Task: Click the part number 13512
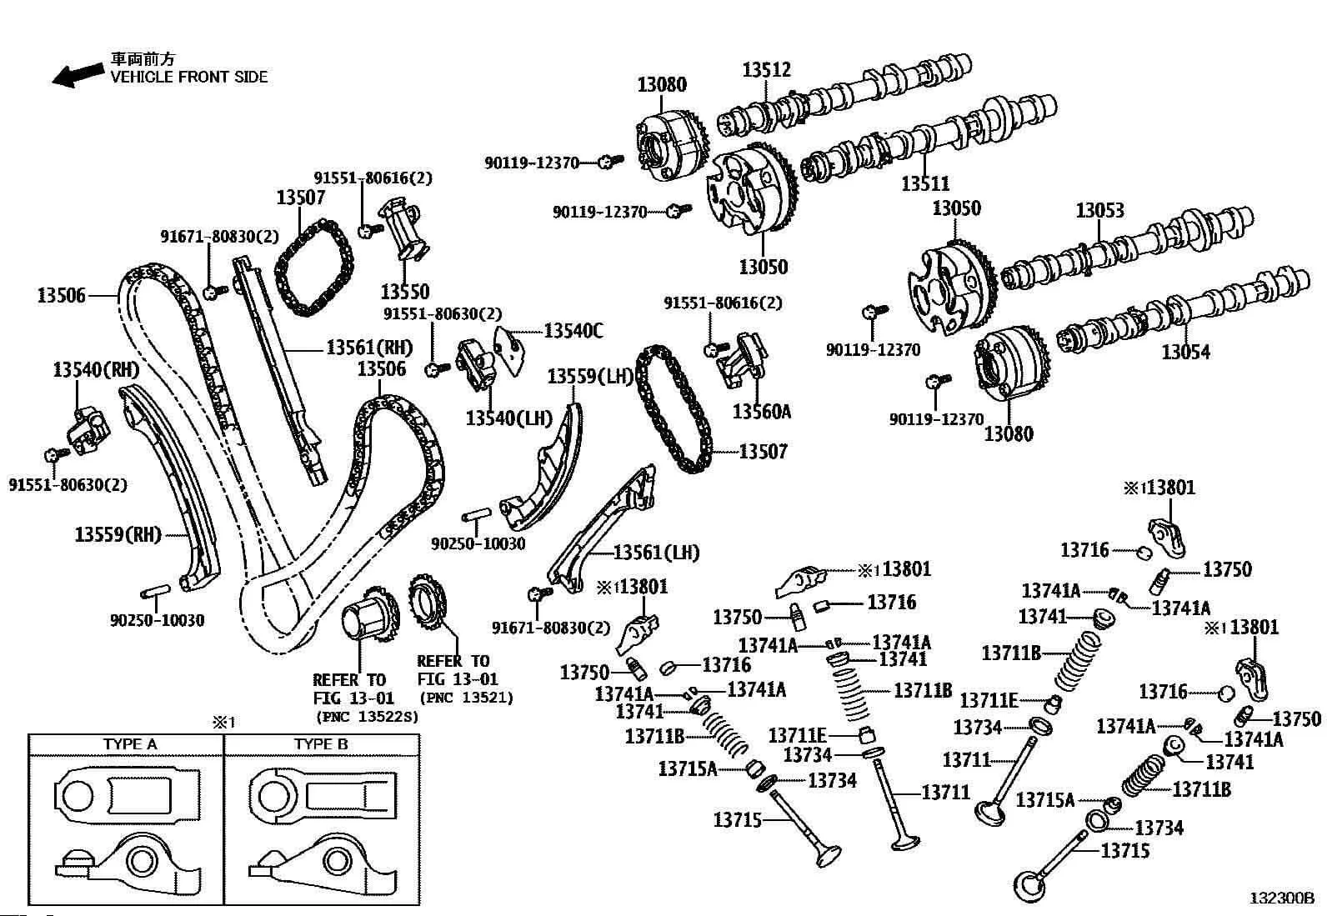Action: tap(766, 70)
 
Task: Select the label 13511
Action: tap(925, 183)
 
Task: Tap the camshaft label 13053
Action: tap(1099, 211)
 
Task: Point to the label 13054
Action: tap(1186, 352)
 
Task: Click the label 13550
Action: tap(405, 292)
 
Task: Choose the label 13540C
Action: tap(573, 331)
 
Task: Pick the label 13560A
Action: tap(761, 411)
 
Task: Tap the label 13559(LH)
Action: tap(591, 377)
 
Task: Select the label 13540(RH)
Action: tap(96, 369)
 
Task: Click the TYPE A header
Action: tap(130, 743)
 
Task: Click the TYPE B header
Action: tap(320, 743)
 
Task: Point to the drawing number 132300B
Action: tap(1281, 898)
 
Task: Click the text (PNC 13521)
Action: tap(467, 698)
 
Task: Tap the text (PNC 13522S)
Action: tap(367, 716)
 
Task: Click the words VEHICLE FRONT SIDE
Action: tap(190, 77)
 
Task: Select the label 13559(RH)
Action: tap(118, 534)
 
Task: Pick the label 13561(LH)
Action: tap(656, 552)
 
